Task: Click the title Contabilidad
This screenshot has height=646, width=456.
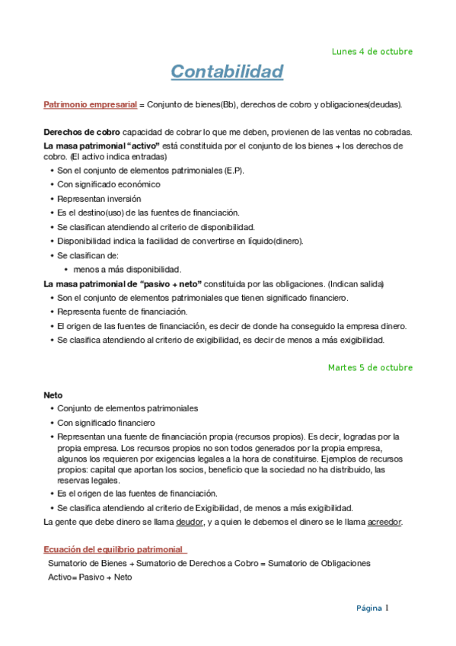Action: click(x=227, y=72)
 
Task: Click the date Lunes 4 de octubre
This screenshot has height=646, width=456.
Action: click(x=372, y=52)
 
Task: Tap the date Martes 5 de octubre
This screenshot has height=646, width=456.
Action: click(x=370, y=367)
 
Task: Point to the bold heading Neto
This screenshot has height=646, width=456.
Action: click(x=53, y=395)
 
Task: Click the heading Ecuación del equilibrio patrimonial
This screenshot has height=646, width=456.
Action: click(x=115, y=548)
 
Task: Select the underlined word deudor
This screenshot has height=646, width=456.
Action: click(x=190, y=522)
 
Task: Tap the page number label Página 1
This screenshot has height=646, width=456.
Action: click(x=373, y=608)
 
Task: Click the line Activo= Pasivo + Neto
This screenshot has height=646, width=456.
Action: click(x=90, y=577)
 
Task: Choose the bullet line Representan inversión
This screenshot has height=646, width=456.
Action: click(x=99, y=199)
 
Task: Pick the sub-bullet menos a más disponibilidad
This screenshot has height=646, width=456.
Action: click(x=127, y=269)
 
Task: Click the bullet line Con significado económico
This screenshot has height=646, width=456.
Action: click(x=109, y=184)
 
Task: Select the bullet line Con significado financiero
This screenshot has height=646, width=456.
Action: click(x=107, y=422)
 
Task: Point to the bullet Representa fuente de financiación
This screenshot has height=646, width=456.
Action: click(x=122, y=312)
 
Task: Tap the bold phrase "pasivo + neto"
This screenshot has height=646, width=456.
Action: click(x=171, y=283)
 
